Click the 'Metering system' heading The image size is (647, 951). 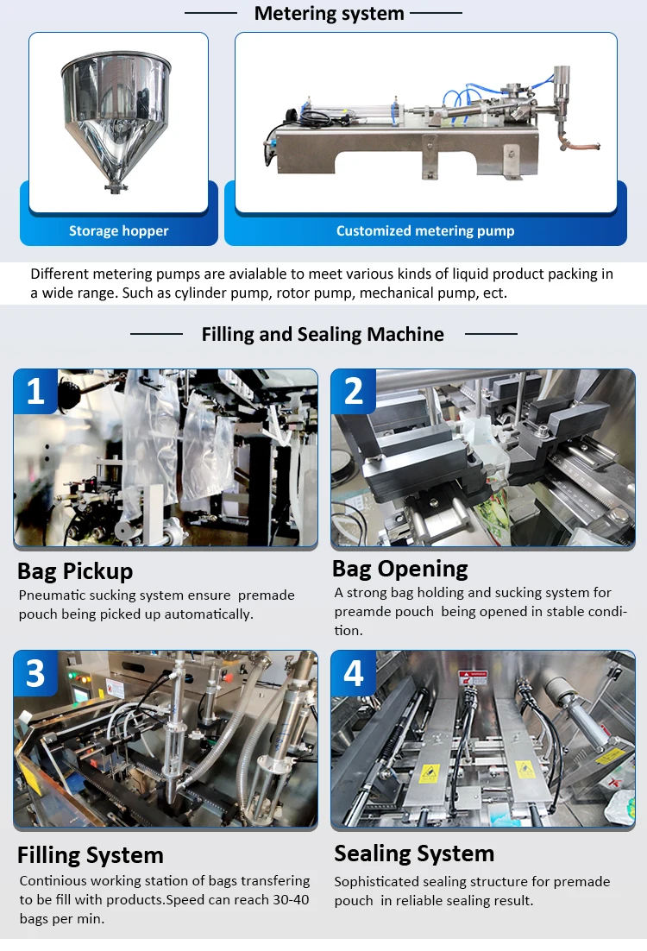coord(329,13)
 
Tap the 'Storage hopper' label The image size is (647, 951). coord(119,230)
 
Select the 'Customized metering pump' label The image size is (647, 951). coord(425,230)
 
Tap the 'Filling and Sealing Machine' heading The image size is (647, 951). coord(323,334)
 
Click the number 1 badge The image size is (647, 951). coord(35,391)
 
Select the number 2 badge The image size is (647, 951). coord(354,391)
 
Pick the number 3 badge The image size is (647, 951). coord(35,673)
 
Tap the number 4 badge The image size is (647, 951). coord(354,673)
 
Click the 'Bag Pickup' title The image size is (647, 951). coord(75,571)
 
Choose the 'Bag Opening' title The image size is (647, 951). coord(400,569)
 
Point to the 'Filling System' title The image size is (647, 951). coord(91,855)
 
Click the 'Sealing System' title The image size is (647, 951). coord(414,853)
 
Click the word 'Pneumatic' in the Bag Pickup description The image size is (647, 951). coord(52,595)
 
